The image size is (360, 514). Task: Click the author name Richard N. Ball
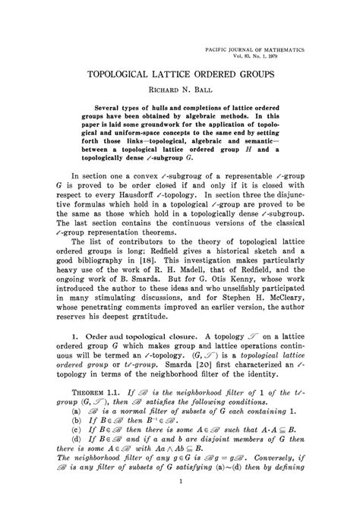click(x=180, y=91)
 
